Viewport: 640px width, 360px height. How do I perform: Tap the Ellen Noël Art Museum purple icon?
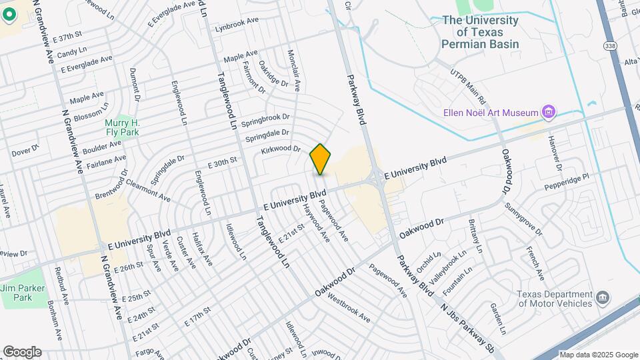click(x=549, y=111)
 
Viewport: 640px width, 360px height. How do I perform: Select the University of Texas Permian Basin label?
click(x=480, y=31)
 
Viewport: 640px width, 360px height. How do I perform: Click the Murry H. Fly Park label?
click(x=122, y=127)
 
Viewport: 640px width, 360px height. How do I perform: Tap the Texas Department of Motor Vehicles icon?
click(x=603, y=297)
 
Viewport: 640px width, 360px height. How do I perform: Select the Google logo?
click(x=21, y=352)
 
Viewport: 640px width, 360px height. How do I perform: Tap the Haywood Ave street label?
click(x=317, y=223)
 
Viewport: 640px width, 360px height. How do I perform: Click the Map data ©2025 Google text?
click(x=598, y=355)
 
